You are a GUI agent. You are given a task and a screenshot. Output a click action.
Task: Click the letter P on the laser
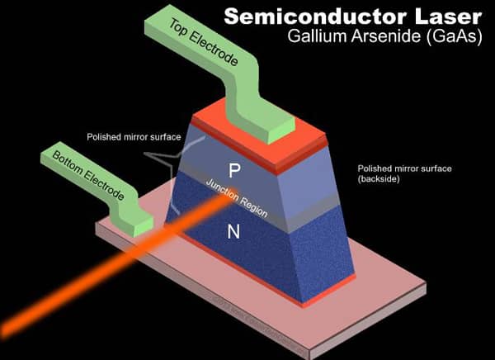[234, 170]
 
